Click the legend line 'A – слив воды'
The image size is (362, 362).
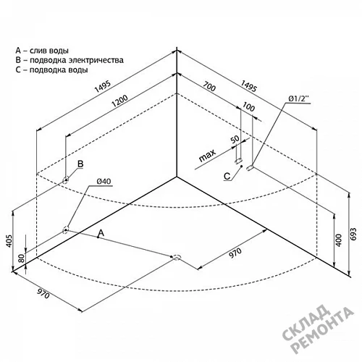point(42,51)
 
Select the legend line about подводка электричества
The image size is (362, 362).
point(70,60)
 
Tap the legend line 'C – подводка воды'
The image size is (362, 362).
point(51,70)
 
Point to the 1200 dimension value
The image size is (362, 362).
point(119,101)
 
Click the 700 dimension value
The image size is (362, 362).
point(209,87)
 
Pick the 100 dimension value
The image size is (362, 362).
point(248,106)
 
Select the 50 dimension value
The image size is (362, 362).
point(235,139)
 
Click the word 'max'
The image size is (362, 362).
point(207,155)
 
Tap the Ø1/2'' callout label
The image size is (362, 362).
point(298,98)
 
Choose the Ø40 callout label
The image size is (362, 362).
point(104,181)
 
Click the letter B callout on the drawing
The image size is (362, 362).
point(80,164)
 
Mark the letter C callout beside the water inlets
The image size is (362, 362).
point(227,177)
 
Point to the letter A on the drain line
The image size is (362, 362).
point(101,233)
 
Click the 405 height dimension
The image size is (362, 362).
point(9,240)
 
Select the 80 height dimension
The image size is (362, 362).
point(21,258)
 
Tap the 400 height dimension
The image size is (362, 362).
point(339,240)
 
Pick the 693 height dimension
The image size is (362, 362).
point(353,234)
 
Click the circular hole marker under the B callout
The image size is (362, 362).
point(65,180)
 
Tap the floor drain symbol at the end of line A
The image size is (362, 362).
point(177,257)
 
